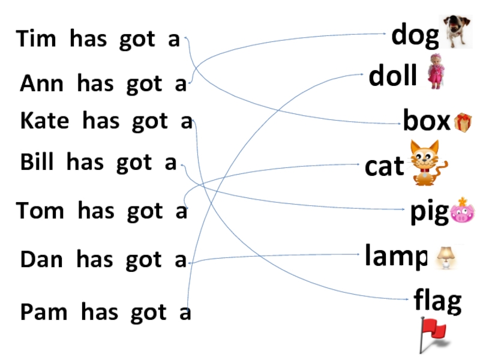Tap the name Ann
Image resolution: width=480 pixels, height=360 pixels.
(x=41, y=84)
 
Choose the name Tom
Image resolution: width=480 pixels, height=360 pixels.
(x=40, y=211)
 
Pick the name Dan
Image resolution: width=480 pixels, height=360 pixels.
(x=41, y=260)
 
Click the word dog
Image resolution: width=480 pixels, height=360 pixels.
(x=415, y=36)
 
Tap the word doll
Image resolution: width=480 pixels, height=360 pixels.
(x=393, y=77)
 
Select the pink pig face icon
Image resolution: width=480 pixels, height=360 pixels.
(x=461, y=211)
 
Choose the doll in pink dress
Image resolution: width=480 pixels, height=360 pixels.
(x=434, y=72)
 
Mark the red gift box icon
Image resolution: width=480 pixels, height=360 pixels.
(x=463, y=122)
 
